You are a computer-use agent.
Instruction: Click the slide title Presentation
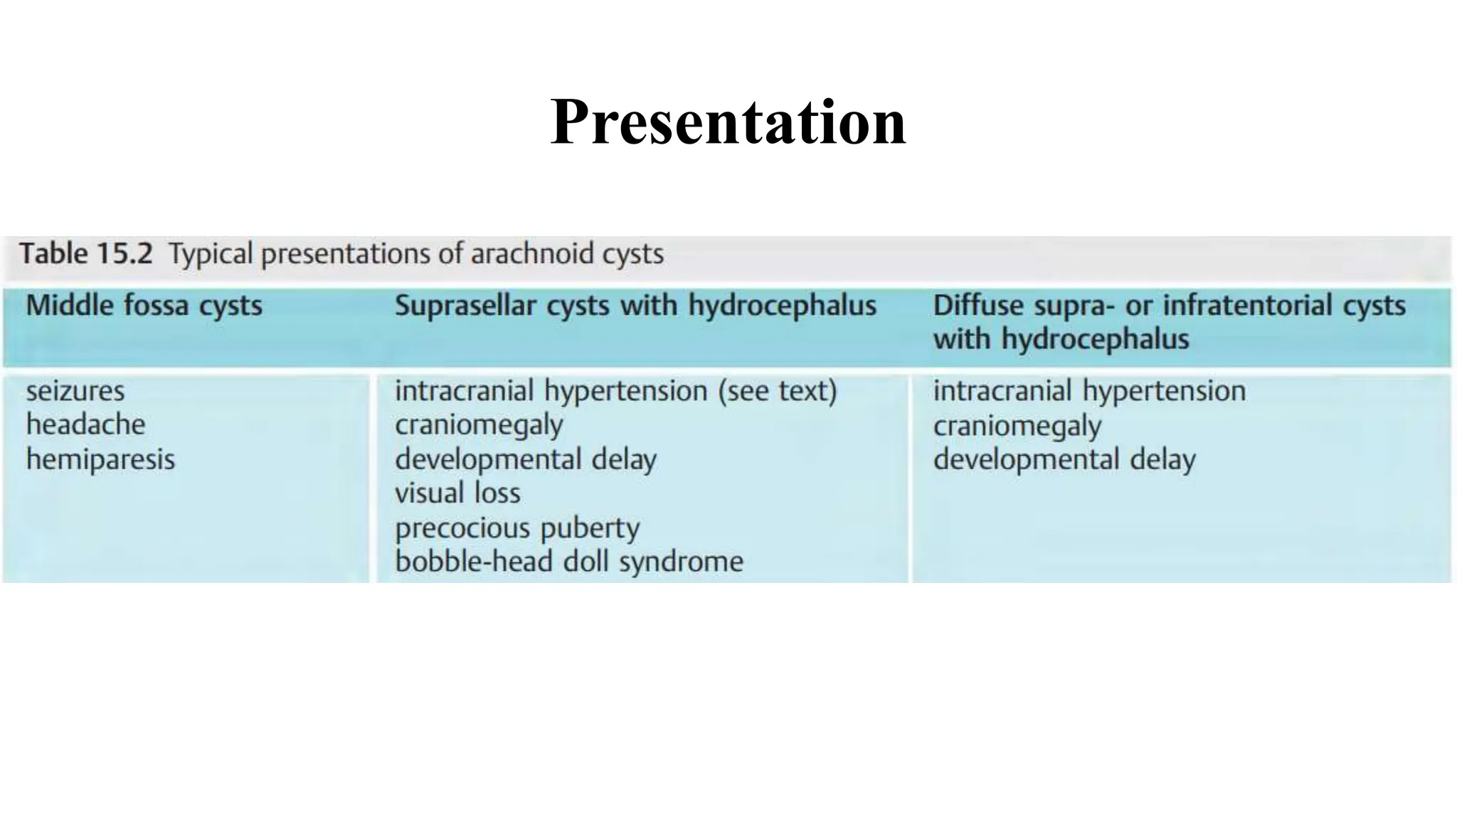pos(728,122)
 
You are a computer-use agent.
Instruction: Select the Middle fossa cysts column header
pos(144,306)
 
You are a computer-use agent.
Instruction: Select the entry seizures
pos(75,391)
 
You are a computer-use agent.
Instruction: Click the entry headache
pos(85,424)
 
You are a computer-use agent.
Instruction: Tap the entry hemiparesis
pos(100,459)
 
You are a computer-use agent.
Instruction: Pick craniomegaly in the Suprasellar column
pos(479,425)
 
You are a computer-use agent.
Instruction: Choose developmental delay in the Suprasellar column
pos(525,459)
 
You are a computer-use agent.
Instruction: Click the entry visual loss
pos(457,493)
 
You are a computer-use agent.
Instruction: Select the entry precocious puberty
pos(517,528)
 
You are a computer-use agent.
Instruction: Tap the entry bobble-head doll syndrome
pos(568,562)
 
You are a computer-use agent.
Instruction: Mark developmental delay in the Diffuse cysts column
pos(1064,459)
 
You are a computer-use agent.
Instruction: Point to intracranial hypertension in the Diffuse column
pos(1089,391)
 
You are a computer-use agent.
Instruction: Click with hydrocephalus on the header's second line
pos(1061,339)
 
